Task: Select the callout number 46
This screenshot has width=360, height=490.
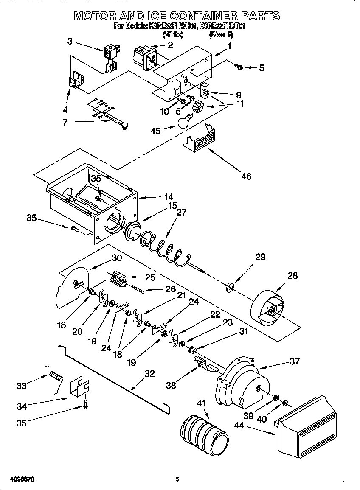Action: pos(246,176)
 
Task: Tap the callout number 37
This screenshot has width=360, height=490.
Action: pos(294,361)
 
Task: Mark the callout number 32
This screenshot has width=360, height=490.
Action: pos(149,374)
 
